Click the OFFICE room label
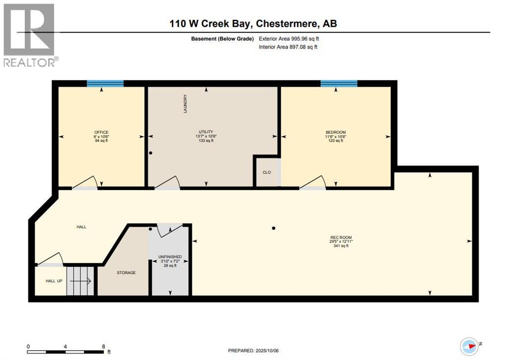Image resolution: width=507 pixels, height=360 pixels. (x=101, y=132)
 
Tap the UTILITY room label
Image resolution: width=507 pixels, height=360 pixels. (x=206, y=132)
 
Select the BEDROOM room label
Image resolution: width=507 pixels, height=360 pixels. (x=336, y=132)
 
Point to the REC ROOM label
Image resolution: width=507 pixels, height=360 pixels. (x=341, y=238)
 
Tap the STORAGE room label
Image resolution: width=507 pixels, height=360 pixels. (x=126, y=272)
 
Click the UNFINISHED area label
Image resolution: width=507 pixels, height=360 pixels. (x=170, y=257)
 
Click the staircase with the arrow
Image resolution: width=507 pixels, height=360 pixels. (x=80, y=281)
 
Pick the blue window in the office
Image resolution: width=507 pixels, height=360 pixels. (x=105, y=84)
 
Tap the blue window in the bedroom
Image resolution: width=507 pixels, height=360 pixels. (x=339, y=84)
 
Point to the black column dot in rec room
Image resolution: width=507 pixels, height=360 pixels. (x=273, y=228)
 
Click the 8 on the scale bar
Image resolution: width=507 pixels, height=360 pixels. (x=103, y=346)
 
